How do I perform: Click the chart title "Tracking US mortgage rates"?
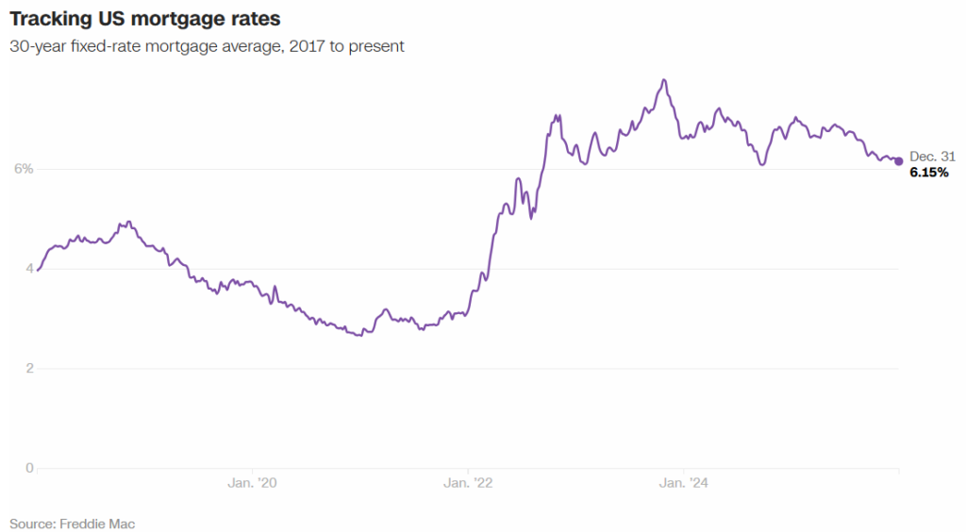(x=145, y=19)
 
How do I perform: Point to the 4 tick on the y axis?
(x=28, y=269)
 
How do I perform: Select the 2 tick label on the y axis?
(x=28, y=369)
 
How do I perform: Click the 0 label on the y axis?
(x=28, y=468)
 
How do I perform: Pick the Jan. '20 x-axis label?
(x=253, y=483)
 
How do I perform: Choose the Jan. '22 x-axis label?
(x=468, y=483)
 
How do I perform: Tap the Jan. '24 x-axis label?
(x=683, y=483)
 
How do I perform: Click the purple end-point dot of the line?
(x=898, y=161)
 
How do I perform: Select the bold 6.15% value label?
(x=929, y=174)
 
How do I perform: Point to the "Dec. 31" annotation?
(x=932, y=157)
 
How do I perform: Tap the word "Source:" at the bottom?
(x=32, y=523)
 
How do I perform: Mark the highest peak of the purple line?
(x=665, y=80)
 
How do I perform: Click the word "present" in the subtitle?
(x=378, y=45)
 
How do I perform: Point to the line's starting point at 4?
(x=37, y=269)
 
